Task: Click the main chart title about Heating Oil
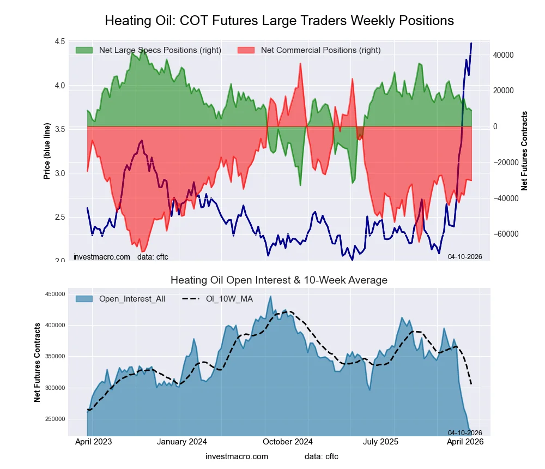click(x=279, y=21)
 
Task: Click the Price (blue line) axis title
click(x=47, y=151)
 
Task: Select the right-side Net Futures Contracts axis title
click(x=524, y=151)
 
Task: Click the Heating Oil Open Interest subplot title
click(x=279, y=280)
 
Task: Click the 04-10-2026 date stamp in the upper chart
click(x=465, y=256)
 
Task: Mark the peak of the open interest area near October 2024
click(x=270, y=297)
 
